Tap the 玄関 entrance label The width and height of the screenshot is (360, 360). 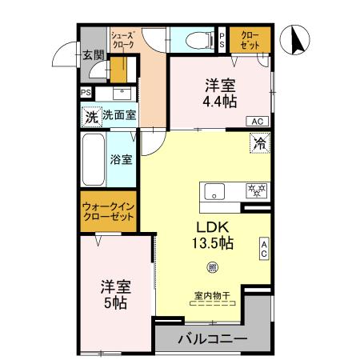tap(93, 55)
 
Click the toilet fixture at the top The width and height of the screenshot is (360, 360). tap(194, 38)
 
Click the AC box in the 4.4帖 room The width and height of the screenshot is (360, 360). tap(257, 121)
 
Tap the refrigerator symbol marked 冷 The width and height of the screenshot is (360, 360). tap(261, 144)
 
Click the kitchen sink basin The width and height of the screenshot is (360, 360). tap(214, 192)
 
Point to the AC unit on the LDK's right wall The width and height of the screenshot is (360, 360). tap(264, 249)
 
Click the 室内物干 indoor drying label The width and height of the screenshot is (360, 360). tap(211, 295)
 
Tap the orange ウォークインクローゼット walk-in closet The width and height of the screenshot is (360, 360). tap(109, 212)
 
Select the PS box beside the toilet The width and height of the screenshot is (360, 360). tap(222, 40)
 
